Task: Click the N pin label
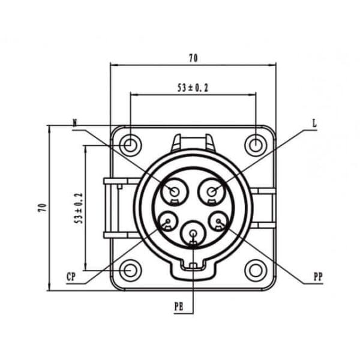(x=75, y=123)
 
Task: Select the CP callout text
(x=71, y=277)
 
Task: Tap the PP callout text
(x=318, y=277)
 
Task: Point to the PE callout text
(x=179, y=307)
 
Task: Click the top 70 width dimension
(x=193, y=58)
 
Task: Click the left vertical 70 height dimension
(x=43, y=208)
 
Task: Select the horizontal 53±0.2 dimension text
(x=193, y=88)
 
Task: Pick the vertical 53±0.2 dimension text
(x=78, y=208)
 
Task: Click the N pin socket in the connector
(x=175, y=191)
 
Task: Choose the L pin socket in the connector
(x=212, y=191)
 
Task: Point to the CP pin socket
(x=167, y=223)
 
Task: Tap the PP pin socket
(x=218, y=223)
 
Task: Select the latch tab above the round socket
(x=193, y=143)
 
